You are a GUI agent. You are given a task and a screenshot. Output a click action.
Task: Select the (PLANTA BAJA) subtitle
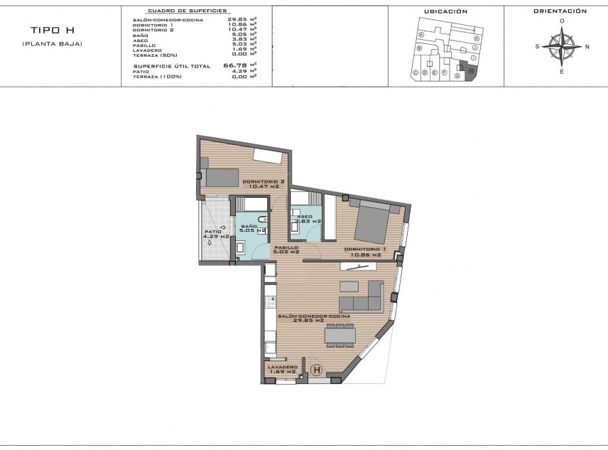pos(52,44)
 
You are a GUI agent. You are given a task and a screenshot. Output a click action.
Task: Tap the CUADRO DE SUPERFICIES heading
pos(187,12)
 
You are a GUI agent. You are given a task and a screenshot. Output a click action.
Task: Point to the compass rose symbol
pos(562,47)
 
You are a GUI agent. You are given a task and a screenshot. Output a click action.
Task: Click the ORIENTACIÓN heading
pos(560,11)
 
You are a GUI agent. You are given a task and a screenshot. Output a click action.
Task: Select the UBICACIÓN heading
pos(445,12)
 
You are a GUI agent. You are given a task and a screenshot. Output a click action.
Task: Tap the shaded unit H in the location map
pos(470,71)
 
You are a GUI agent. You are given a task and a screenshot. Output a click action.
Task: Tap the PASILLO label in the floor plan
pos(286,249)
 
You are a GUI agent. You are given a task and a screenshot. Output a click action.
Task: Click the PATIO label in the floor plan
pos(213,234)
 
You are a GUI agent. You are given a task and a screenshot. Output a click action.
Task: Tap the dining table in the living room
pos(339,335)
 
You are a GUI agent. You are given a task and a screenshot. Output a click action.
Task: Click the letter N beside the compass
pos(587,47)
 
